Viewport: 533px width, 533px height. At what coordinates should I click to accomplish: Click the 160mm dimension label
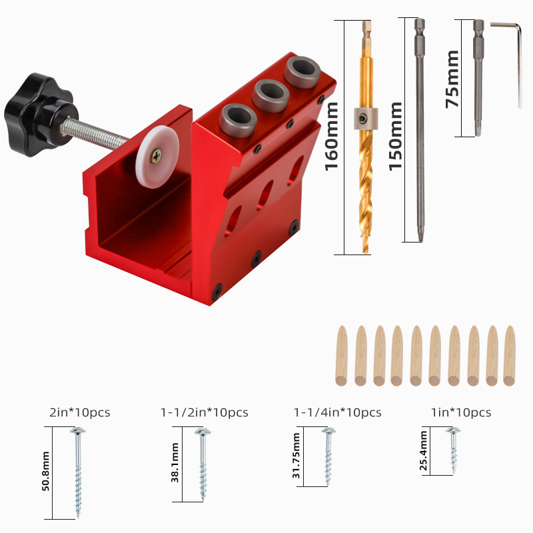332,137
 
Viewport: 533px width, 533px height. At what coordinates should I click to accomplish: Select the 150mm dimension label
396,137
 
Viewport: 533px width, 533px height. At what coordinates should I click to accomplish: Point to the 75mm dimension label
452,79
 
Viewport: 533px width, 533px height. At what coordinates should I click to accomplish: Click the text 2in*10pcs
79,412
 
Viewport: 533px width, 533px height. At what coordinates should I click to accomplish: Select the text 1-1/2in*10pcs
204,412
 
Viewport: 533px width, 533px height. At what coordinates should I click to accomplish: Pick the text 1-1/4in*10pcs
338,412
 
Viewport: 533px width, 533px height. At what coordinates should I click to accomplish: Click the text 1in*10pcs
460,412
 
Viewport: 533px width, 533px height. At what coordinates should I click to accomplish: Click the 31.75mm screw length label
297,456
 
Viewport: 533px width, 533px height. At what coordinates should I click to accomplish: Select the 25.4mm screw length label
423,451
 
